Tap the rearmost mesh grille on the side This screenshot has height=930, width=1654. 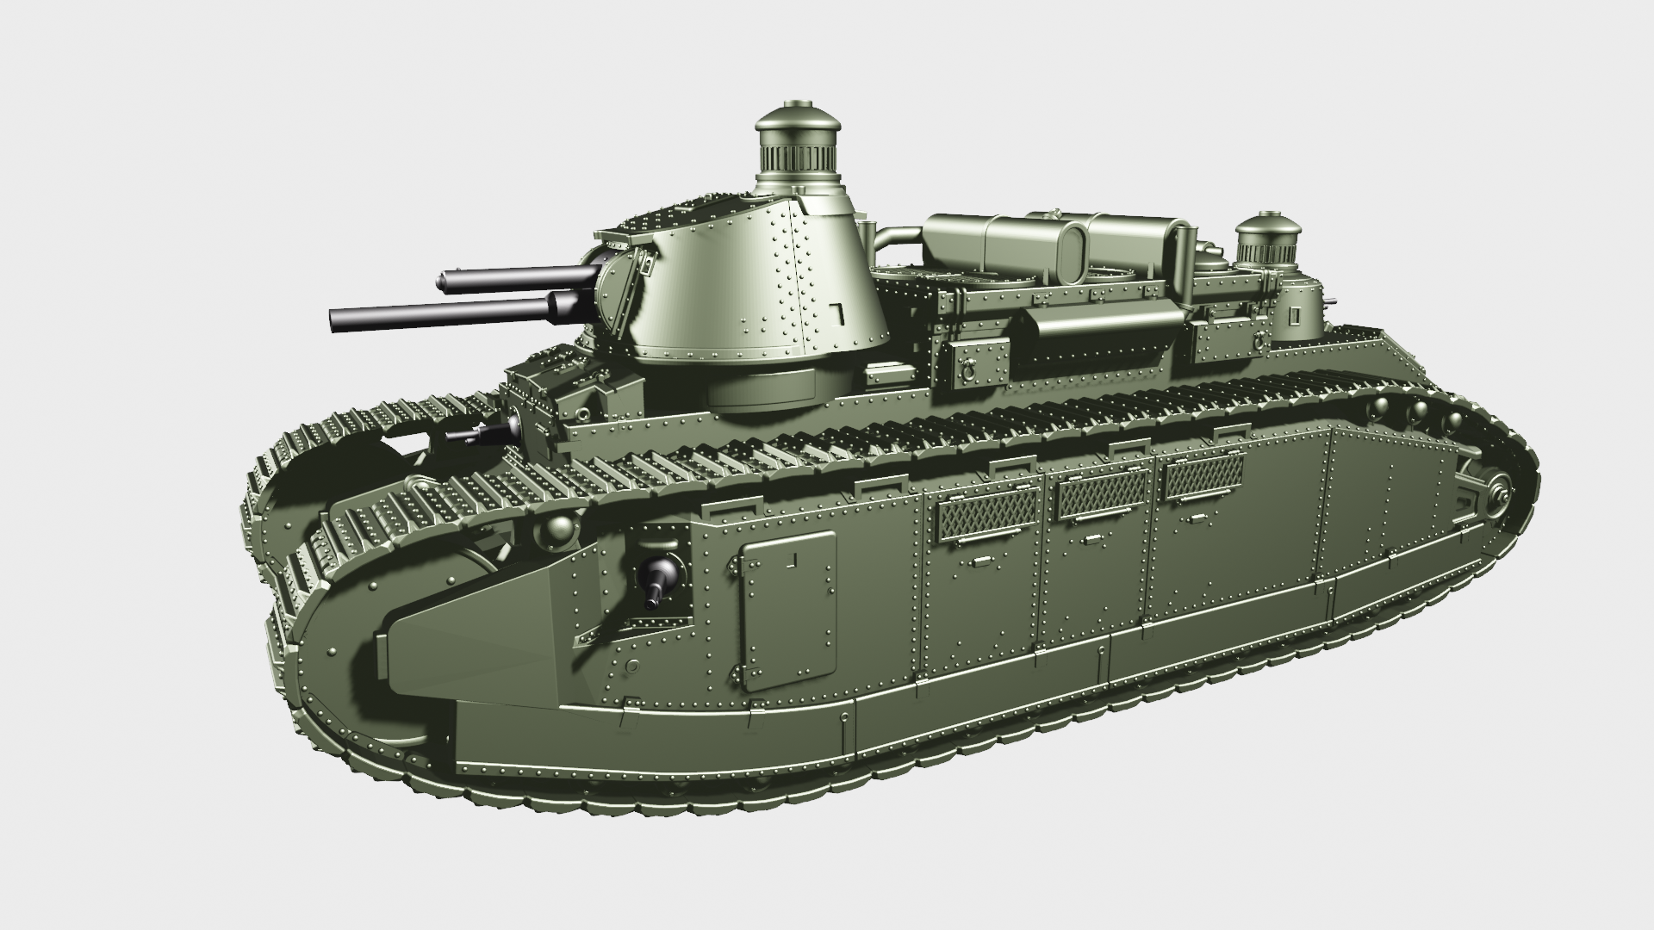1204,476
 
